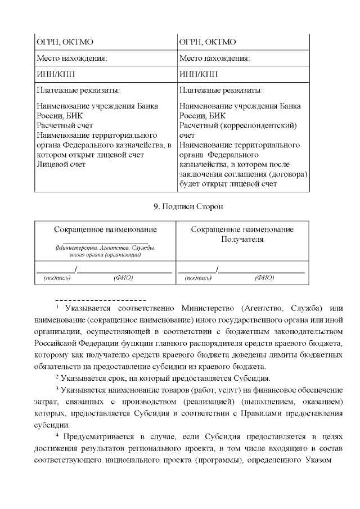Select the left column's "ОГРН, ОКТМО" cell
pyautogui.click(x=57, y=42)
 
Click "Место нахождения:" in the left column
pyautogui.click(x=71, y=58)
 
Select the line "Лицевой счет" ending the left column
pyautogui.click(x=61, y=164)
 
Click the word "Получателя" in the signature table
pyautogui.click(x=242, y=239)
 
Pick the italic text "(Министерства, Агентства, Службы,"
pyautogui.click(x=105, y=247)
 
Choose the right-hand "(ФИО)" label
pyautogui.click(x=264, y=277)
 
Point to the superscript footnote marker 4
pyautogui.click(x=57, y=435)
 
